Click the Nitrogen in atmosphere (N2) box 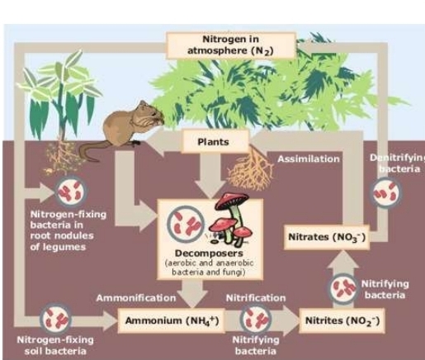(231, 45)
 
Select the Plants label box (212, 141)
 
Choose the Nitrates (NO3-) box (324, 237)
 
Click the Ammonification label (134, 296)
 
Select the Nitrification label (256, 296)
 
